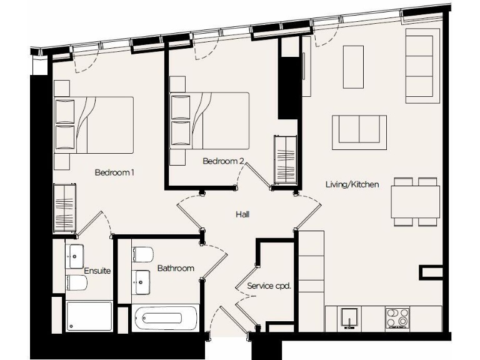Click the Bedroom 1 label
point(115,172)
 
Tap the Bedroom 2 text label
point(223,161)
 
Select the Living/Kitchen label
point(352,184)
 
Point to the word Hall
point(243,214)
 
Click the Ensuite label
point(98,271)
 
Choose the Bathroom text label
point(176,268)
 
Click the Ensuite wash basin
point(76,254)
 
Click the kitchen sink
point(349,317)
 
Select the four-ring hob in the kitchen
point(397,317)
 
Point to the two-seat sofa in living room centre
point(359,132)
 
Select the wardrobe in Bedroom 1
point(64,207)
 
